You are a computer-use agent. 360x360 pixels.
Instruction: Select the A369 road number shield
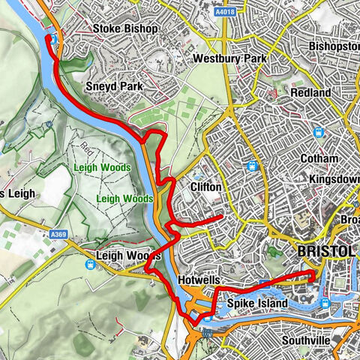point(58,235)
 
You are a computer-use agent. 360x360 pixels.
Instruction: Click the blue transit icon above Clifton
point(253,166)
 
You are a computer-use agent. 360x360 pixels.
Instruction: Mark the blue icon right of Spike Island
point(324,303)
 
